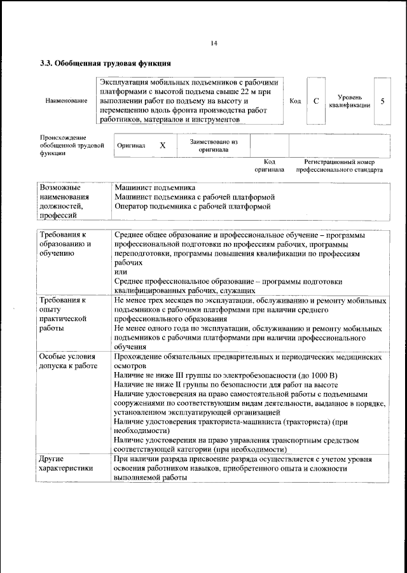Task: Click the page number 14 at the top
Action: (x=214, y=43)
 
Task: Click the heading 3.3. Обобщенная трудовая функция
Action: (x=105, y=64)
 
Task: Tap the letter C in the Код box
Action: (x=316, y=101)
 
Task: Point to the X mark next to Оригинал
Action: (x=162, y=145)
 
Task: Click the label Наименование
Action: (x=66, y=102)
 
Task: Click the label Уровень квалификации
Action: (x=350, y=101)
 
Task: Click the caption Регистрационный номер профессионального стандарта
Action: (x=339, y=166)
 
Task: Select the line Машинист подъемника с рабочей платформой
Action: (x=194, y=197)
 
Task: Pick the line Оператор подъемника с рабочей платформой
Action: (x=193, y=207)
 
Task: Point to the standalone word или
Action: (x=121, y=272)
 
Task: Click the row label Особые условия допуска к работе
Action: (x=68, y=362)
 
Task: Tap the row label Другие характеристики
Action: (x=66, y=463)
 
